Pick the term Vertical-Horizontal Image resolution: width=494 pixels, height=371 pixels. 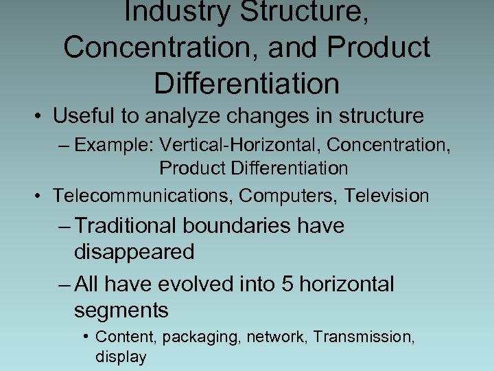[232, 146]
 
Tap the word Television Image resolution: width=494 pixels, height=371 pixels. [387, 196]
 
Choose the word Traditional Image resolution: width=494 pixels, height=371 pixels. [130, 226]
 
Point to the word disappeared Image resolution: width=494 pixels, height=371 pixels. [134, 252]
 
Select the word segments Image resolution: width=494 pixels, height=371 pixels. [121, 310]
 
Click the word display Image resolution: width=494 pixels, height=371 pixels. [121, 357]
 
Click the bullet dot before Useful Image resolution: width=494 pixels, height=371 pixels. [39, 117]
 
